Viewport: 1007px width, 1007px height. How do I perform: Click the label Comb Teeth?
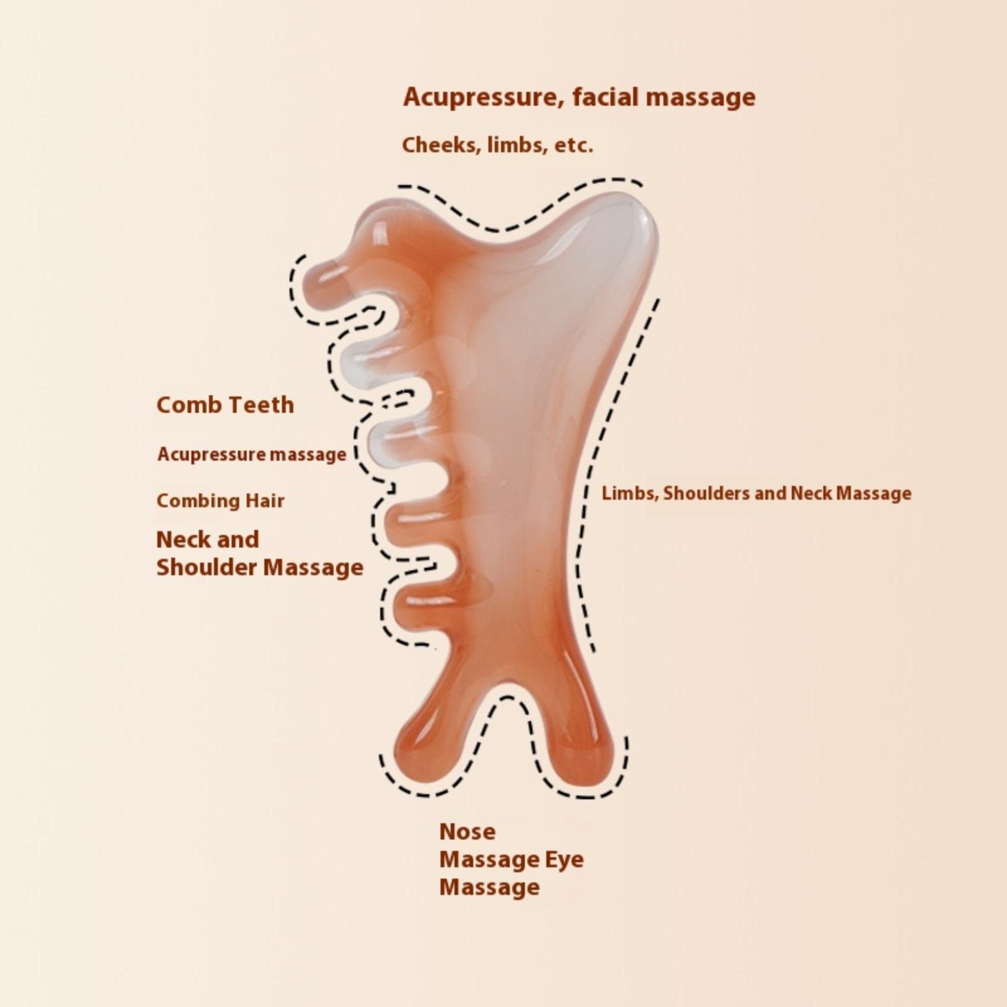pyautogui.click(x=225, y=405)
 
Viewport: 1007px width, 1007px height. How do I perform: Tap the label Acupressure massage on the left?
pyautogui.click(x=251, y=454)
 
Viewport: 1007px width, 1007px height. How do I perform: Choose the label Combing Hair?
pyautogui.click(x=220, y=501)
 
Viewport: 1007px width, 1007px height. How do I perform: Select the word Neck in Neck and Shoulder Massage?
pyautogui.click(x=180, y=539)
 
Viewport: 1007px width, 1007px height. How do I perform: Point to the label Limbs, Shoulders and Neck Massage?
pyautogui.click(x=757, y=493)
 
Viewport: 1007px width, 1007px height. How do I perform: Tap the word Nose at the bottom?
pyautogui.click(x=467, y=831)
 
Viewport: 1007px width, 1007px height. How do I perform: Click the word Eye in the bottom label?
pyautogui.click(x=564, y=860)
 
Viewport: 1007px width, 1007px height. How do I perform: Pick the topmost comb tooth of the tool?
pyautogui.click(x=327, y=280)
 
